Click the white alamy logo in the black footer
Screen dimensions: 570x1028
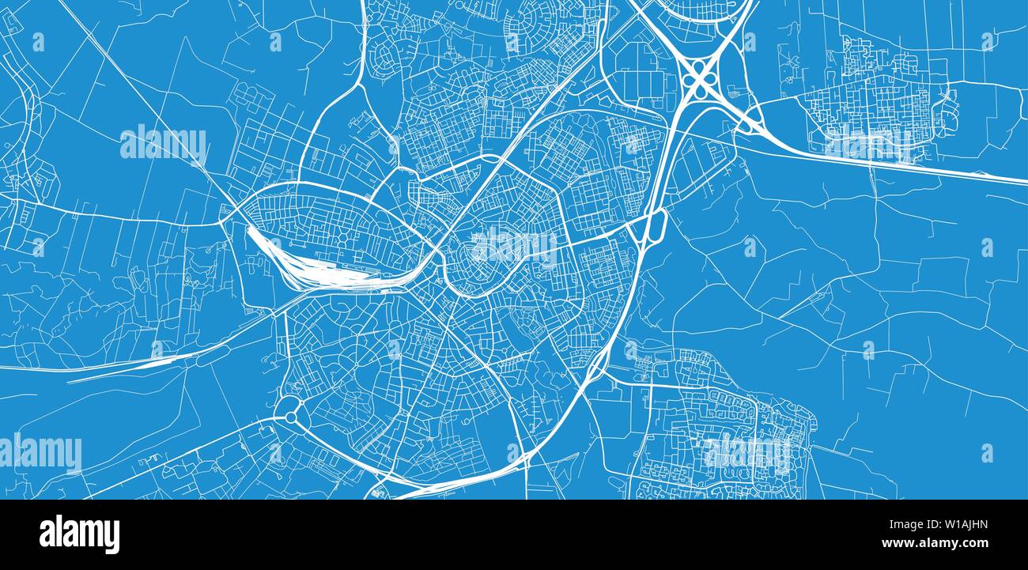click(79, 534)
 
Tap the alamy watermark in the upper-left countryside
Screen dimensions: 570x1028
click(164, 143)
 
